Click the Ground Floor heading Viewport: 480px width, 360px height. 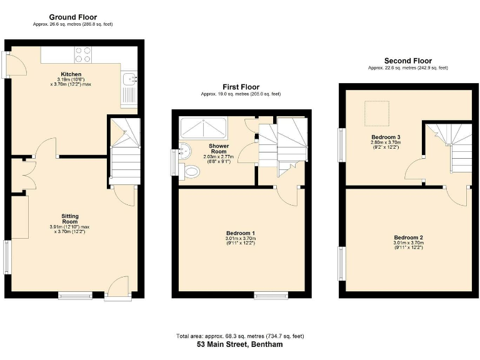(x=72, y=17)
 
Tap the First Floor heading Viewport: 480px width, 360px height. (x=241, y=87)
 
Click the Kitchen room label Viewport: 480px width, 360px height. (x=71, y=74)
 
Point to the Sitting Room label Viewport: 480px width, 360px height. (x=69, y=219)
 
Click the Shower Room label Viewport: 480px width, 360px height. (x=219, y=149)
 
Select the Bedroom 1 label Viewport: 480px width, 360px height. (x=241, y=233)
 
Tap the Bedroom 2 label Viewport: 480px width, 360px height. (x=409, y=237)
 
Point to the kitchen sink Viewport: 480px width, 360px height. (x=130, y=79)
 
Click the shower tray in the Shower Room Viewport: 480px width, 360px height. (x=204, y=128)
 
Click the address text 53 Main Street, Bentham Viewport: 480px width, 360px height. (x=240, y=344)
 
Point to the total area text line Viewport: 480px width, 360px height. (x=240, y=336)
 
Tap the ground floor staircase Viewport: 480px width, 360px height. (x=124, y=153)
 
